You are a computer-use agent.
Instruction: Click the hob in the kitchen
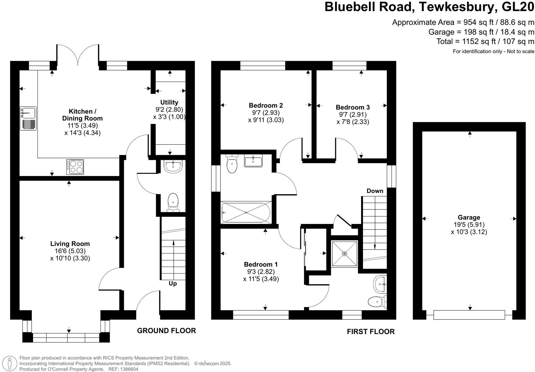[75, 167]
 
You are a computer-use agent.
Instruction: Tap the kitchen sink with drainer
[28, 118]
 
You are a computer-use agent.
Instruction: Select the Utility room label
[169, 102]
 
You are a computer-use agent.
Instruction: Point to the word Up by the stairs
[173, 283]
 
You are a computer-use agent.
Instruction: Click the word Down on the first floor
[375, 191]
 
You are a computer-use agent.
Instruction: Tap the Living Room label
[70, 244]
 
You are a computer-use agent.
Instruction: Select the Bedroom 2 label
[266, 105]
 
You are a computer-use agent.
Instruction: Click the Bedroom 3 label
[353, 107]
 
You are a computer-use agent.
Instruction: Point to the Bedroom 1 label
[261, 264]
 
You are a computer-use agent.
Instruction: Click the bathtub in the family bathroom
[246, 212]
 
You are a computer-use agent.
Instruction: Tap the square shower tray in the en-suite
[345, 253]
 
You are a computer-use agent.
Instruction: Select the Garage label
[469, 217]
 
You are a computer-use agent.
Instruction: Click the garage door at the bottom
[469, 315]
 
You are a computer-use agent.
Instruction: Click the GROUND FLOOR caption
[166, 331]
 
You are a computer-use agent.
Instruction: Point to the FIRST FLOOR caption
[370, 332]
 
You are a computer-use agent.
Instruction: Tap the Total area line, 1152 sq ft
[485, 42]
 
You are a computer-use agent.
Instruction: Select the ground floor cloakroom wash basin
[173, 166]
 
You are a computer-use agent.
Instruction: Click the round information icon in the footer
[10, 363]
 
